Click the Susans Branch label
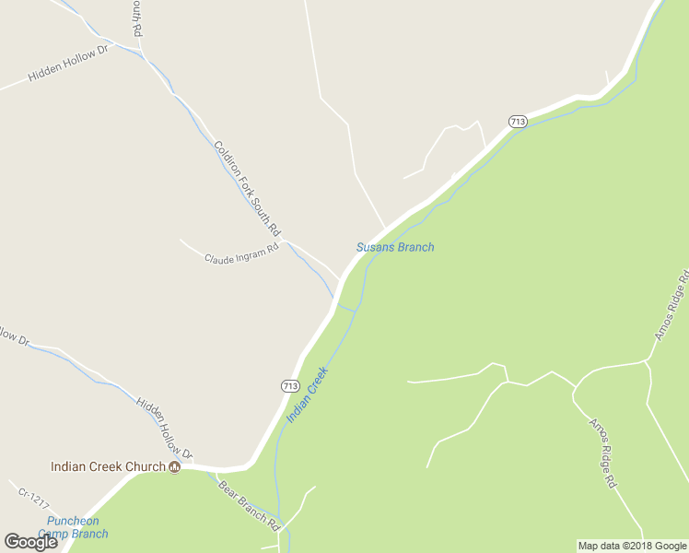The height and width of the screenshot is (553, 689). (395, 247)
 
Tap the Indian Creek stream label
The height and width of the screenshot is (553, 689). (308, 395)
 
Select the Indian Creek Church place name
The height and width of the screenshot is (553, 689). (108, 466)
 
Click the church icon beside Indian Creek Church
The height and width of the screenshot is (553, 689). (174, 467)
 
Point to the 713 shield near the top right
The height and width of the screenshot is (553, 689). (518, 122)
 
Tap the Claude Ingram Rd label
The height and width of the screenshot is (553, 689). (240, 255)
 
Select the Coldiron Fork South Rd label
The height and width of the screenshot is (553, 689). (246, 187)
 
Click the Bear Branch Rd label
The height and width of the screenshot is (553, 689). (249, 505)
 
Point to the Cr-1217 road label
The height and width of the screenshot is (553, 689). (32, 499)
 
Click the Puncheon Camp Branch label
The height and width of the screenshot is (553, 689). (77, 527)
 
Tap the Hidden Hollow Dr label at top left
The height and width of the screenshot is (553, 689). (68, 63)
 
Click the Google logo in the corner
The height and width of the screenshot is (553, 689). (30, 542)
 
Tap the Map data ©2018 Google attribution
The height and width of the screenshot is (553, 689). (632, 546)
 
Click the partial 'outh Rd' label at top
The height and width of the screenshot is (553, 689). (136, 18)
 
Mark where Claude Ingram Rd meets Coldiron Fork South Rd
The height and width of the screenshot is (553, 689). (286, 241)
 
